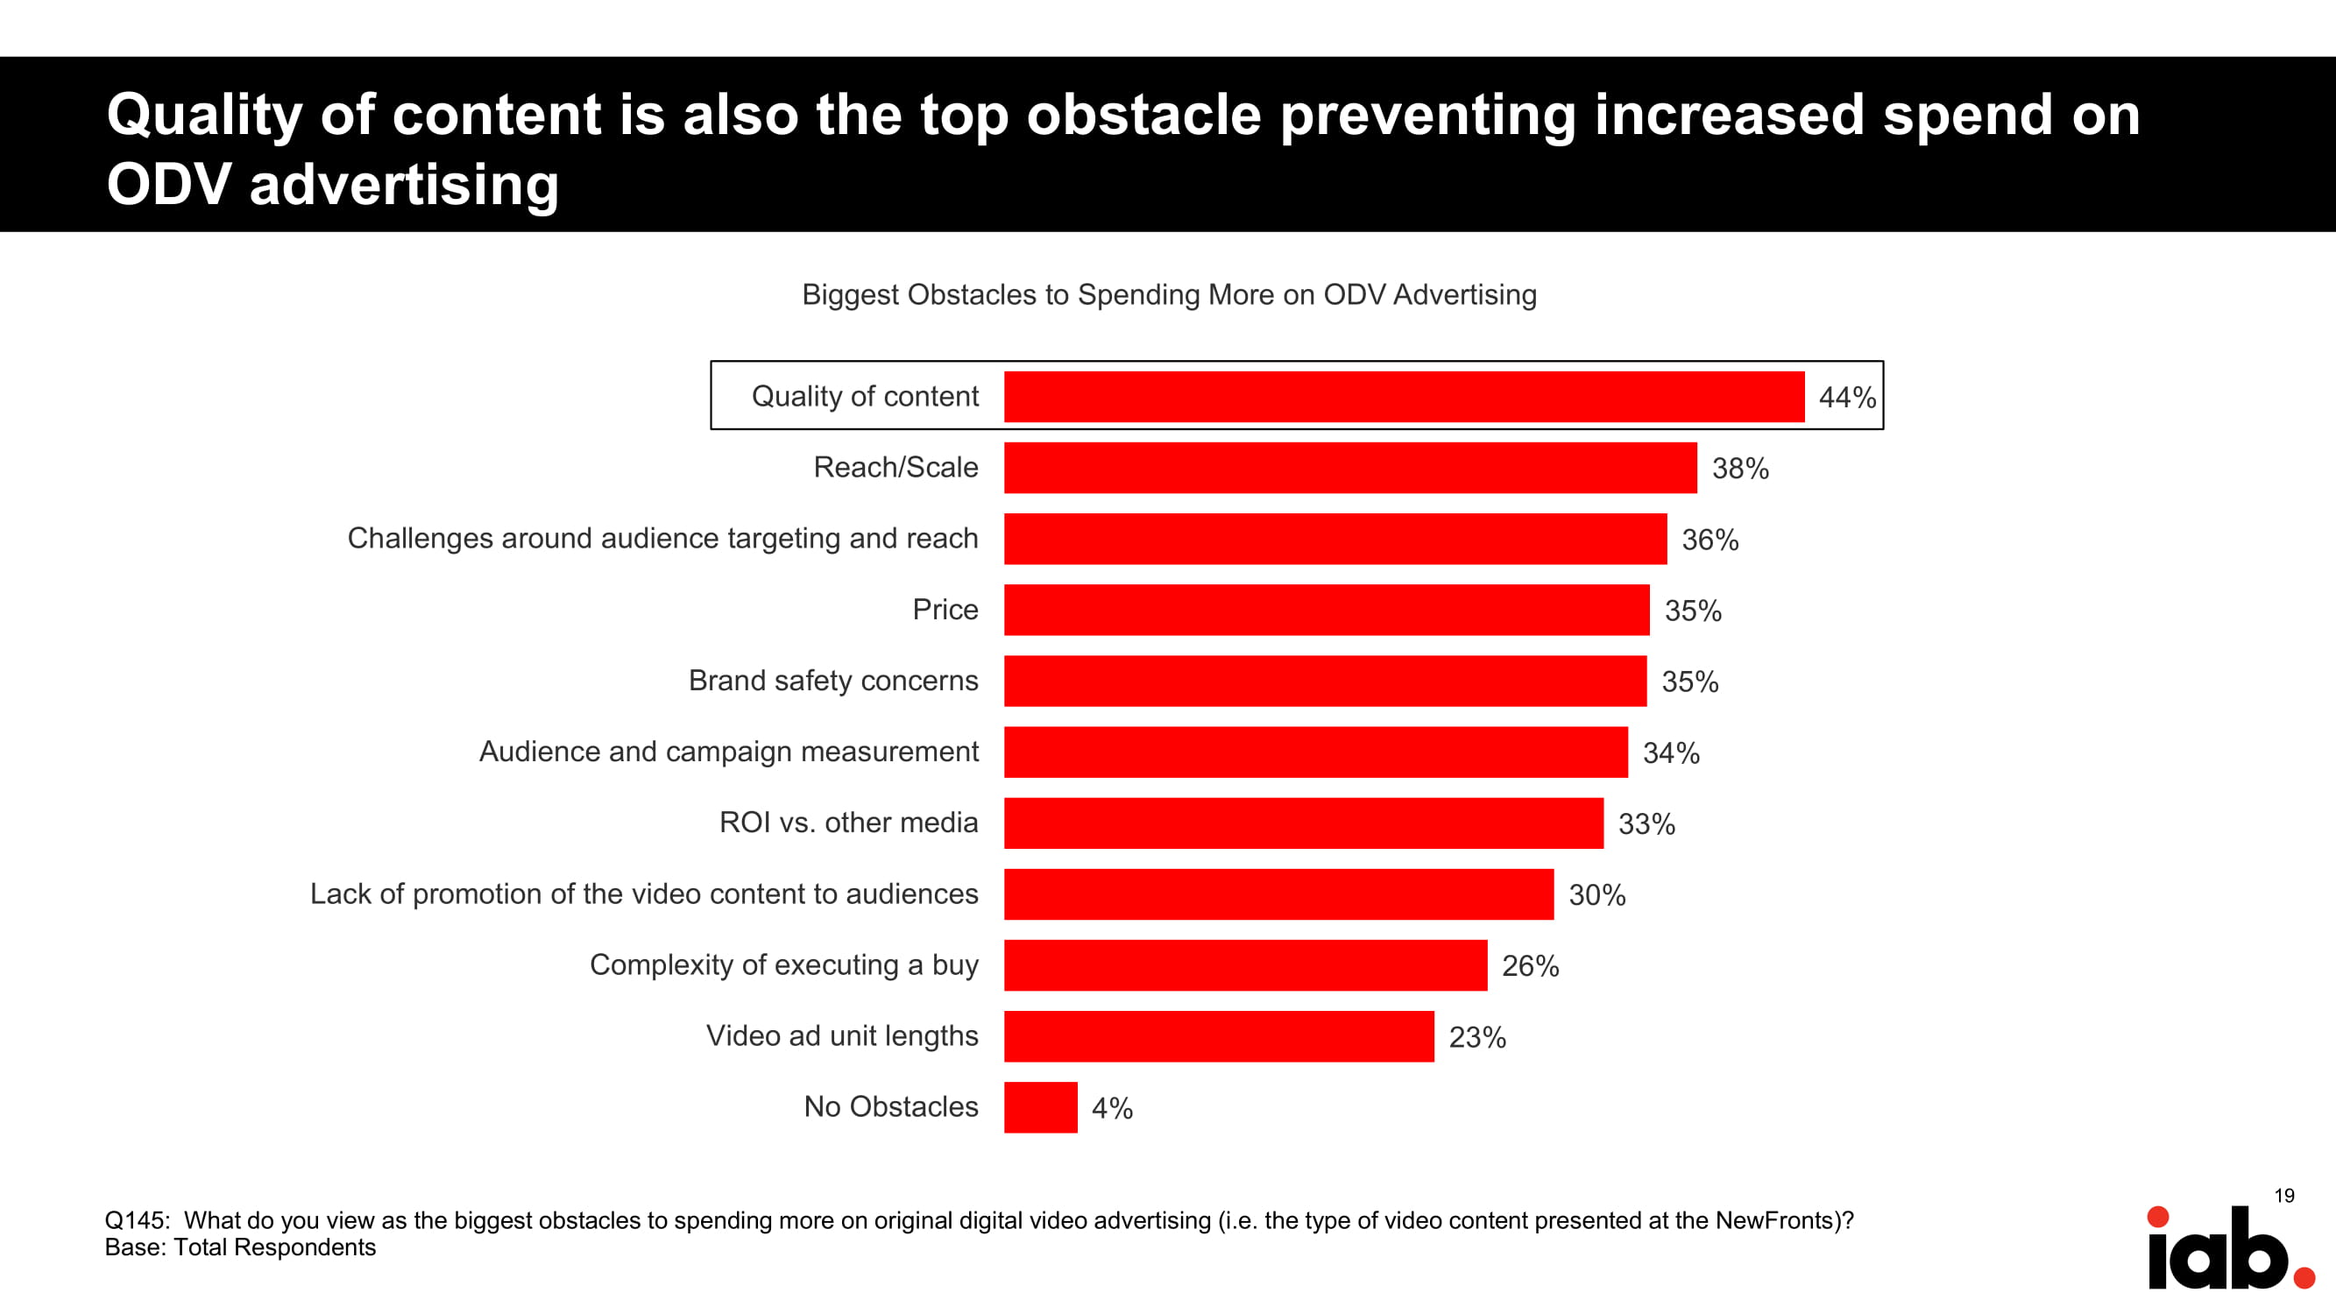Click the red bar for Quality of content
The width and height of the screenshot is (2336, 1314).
(1404, 396)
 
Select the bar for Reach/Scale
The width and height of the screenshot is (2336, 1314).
(1349, 468)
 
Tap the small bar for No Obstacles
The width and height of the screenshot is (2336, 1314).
(1040, 1107)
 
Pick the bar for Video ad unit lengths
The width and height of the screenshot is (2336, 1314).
(1218, 1036)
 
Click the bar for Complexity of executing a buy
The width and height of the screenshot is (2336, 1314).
(1245, 964)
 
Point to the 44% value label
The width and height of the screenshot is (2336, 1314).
(1846, 397)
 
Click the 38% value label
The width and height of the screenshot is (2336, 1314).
(1739, 469)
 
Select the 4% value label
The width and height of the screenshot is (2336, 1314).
(1112, 1108)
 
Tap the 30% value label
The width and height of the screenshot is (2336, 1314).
(1597, 895)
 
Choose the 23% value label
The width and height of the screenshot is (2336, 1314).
(1477, 1037)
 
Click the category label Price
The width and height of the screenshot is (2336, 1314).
(945, 610)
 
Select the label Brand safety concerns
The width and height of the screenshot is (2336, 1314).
(832, 680)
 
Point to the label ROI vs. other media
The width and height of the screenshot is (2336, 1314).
(848, 823)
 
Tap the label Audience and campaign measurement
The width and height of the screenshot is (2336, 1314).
(728, 752)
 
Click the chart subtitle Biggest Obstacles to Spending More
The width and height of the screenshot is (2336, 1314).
(1169, 294)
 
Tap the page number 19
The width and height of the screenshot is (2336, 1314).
(2283, 1196)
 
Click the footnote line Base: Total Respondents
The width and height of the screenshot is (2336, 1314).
(240, 1247)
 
